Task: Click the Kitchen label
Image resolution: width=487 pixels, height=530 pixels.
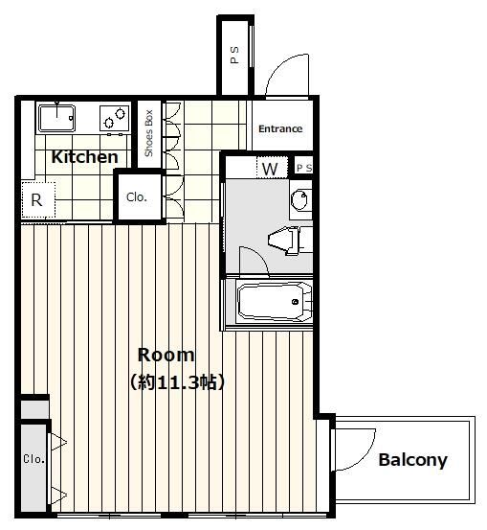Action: pyautogui.click(x=85, y=157)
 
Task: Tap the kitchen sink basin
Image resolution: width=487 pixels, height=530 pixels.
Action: pyautogui.click(x=56, y=118)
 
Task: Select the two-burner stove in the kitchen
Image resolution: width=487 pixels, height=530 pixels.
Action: pyautogui.click(x=115, y=118)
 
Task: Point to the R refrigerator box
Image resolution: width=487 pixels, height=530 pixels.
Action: pyautogui.click(x=38, y=199)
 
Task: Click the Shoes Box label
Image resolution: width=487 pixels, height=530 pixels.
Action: pyautogui.click(x=148, y=133)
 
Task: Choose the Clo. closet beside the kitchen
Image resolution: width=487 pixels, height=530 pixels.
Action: pyautogui.click(x=137, y=197)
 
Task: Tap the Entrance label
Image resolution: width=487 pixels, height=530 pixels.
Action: pyautogui.click(x=280, y=128)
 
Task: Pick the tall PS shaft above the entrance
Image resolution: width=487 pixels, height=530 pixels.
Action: pyautogui.click(x=235, y=56)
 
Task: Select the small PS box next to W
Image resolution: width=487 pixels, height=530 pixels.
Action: pyautogui.click(x=303, y=168)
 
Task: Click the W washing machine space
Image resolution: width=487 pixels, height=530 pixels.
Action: pyautogui.click(x=271, y=169)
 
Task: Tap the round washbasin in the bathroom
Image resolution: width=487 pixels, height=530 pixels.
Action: pyautogui.click(x=300, y=199)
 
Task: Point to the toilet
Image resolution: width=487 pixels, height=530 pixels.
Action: pyautogui.click(x=287, y=240)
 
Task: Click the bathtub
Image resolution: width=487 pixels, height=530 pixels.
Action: pyautogui.click(x=275, y=302)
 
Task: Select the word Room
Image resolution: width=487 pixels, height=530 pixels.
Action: pyautogui.click(x=166, y=356)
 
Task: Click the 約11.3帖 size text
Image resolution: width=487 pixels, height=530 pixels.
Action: pyautogui.click(x=177, y=382)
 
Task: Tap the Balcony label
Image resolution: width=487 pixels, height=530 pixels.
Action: pyautogui.click(x=412, y=460)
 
